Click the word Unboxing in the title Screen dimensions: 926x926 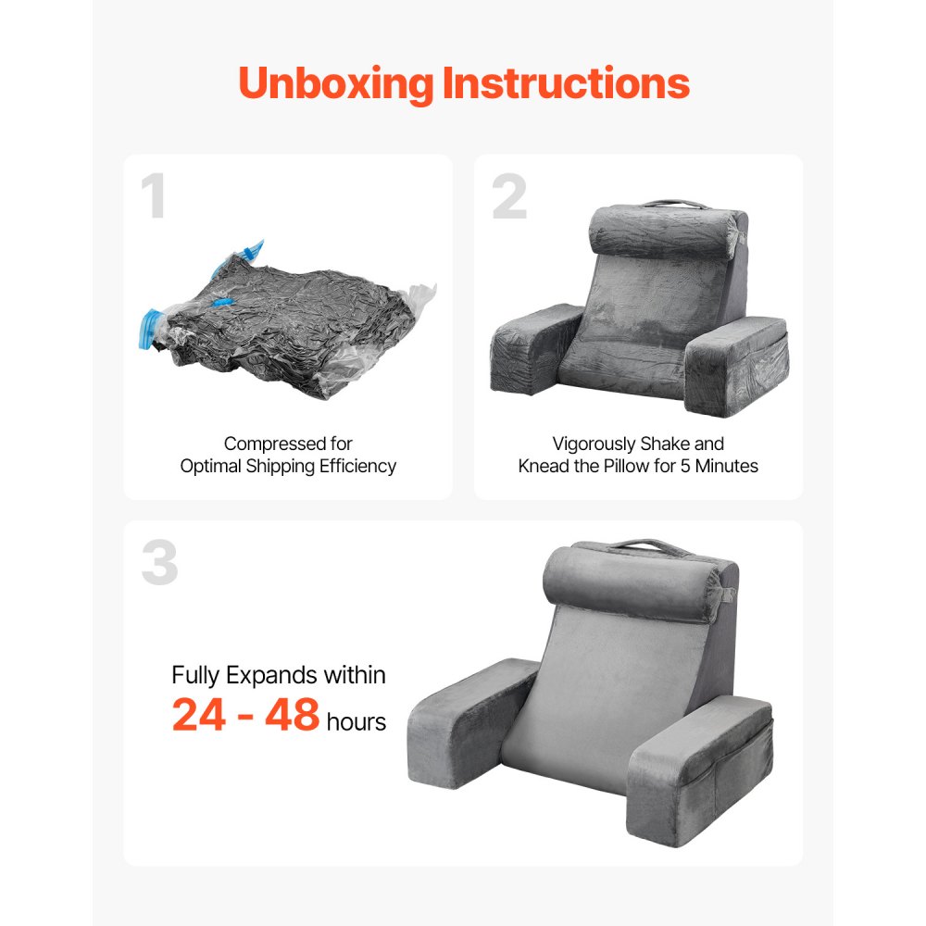(x=335, y=84)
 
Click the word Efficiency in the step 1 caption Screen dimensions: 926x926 (x=357, y=467)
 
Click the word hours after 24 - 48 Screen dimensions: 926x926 (x=357, y=721)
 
